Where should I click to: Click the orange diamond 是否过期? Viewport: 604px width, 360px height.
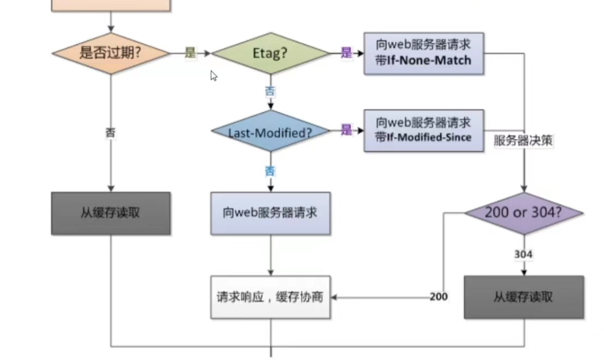coord(110,53)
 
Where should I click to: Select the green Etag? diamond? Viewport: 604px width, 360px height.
coord(270,53)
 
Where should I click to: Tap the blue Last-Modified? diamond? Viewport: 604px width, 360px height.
coord(270,132)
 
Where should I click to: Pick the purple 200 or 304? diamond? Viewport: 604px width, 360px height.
coord(524,213)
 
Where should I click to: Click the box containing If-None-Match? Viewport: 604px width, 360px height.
coord(424,53)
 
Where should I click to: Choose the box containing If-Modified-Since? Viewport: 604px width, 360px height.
coord(424,130)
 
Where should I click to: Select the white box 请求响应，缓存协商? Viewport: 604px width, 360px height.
coord(270,297)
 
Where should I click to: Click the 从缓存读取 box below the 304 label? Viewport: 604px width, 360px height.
coord(524,297)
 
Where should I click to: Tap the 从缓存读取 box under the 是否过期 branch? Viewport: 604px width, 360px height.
coord(110,213)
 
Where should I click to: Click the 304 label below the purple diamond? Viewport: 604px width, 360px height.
coord(523,254)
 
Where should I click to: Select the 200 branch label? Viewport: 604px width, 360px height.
coord(439,297)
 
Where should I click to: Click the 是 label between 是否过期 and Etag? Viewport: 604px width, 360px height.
coord(191,53)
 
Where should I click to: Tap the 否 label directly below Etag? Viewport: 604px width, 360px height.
coord(270,92)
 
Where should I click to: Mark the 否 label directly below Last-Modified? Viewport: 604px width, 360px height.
coord(270,171)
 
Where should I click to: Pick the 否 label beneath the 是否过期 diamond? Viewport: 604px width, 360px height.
coord(110,133)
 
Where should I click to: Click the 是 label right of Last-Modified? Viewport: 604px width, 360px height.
coord(346,130)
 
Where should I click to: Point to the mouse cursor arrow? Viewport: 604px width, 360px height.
coord(213,75)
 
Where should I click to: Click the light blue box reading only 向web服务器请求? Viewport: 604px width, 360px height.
coord(270,213)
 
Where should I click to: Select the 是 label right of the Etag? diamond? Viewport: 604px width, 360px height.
coord(346,53)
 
